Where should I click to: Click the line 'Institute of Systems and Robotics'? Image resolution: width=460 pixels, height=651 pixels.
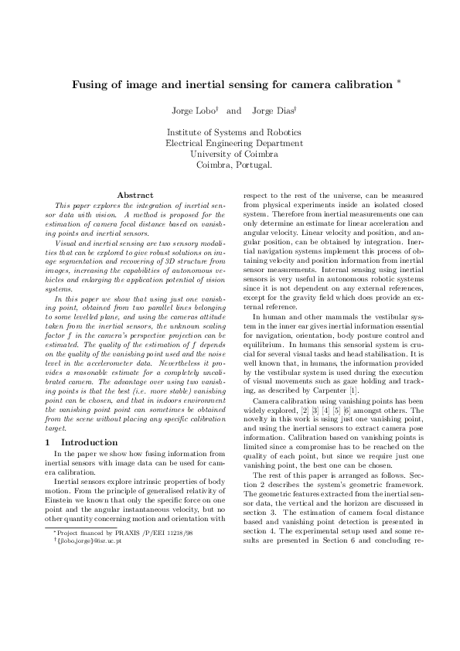click(x=234, y=132)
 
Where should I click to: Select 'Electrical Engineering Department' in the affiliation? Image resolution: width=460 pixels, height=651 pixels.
click(x=234, y=143)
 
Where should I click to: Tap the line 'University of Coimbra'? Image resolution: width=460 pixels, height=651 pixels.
click(x=234, y=154)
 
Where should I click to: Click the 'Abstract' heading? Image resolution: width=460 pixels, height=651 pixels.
click(x=135, y=195)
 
